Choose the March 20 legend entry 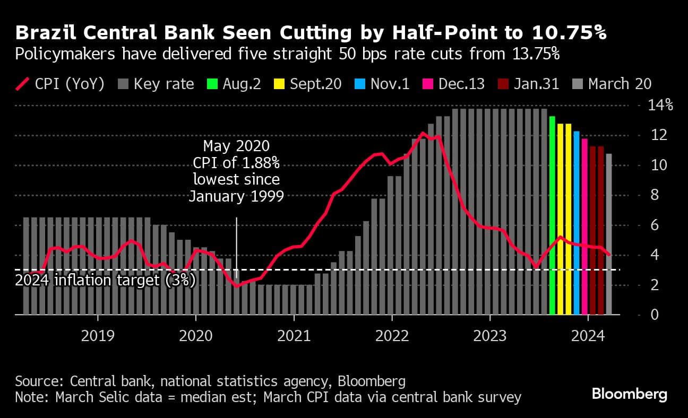(613, 84)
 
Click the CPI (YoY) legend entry (59, 84)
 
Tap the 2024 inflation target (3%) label (105, 280)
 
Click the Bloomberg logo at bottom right (629, 394)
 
